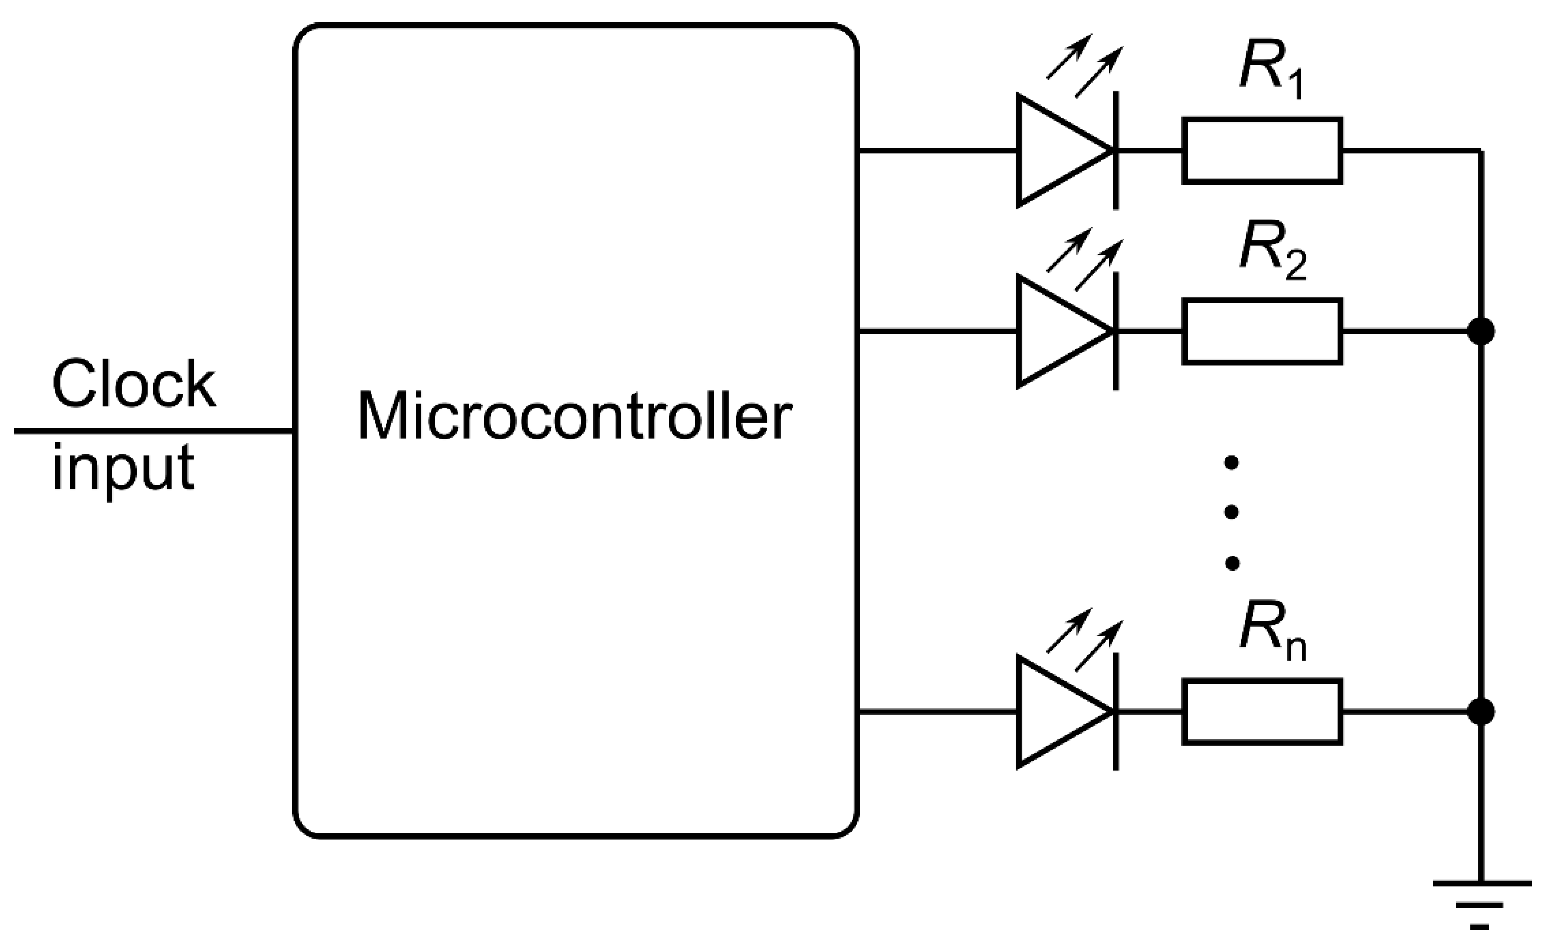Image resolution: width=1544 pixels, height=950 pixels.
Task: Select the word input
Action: pos(123,469)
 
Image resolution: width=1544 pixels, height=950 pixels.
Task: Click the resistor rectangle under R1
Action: pos(1262,151)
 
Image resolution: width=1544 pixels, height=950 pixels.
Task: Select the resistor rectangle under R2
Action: pos(1262,332)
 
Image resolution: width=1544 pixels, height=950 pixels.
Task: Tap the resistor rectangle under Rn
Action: pos(1262,712)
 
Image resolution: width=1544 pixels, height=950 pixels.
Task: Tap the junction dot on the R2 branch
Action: pos(1481,331)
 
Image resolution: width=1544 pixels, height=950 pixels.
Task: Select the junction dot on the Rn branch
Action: pos(1481,712)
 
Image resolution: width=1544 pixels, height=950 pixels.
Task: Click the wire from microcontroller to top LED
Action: pos(936,151)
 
